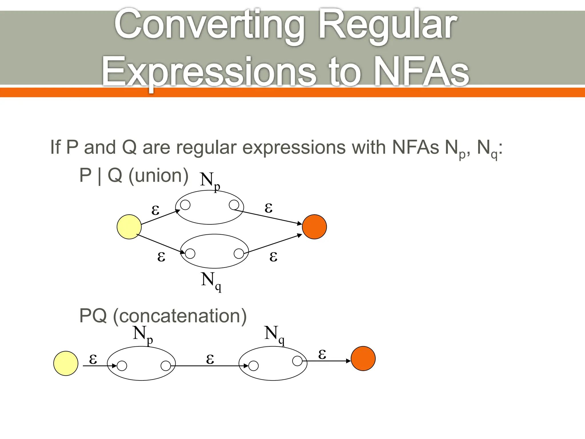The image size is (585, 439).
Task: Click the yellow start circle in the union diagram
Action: (129, 227)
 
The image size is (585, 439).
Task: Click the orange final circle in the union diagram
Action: (314, 227)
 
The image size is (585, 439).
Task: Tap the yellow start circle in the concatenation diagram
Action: (66, 363)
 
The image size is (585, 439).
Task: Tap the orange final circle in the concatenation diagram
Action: (363, 358)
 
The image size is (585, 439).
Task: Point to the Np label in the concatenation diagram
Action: (143, 334)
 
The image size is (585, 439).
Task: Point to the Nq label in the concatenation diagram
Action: (274, 334)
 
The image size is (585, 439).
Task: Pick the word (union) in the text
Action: (158, 175)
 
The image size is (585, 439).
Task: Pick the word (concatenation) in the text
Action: (180, 316)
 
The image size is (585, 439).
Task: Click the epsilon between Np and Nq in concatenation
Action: (210, 358)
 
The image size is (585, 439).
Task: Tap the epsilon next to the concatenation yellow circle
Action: (93, 358)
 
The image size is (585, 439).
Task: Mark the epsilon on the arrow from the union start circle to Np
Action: (155, 210)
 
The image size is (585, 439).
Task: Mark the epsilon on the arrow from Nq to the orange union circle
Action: (273, 256)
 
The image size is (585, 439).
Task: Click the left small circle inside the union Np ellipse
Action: (185, 205)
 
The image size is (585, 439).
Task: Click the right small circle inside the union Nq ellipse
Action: (239, 253)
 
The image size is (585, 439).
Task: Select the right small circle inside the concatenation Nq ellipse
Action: (297, 361)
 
